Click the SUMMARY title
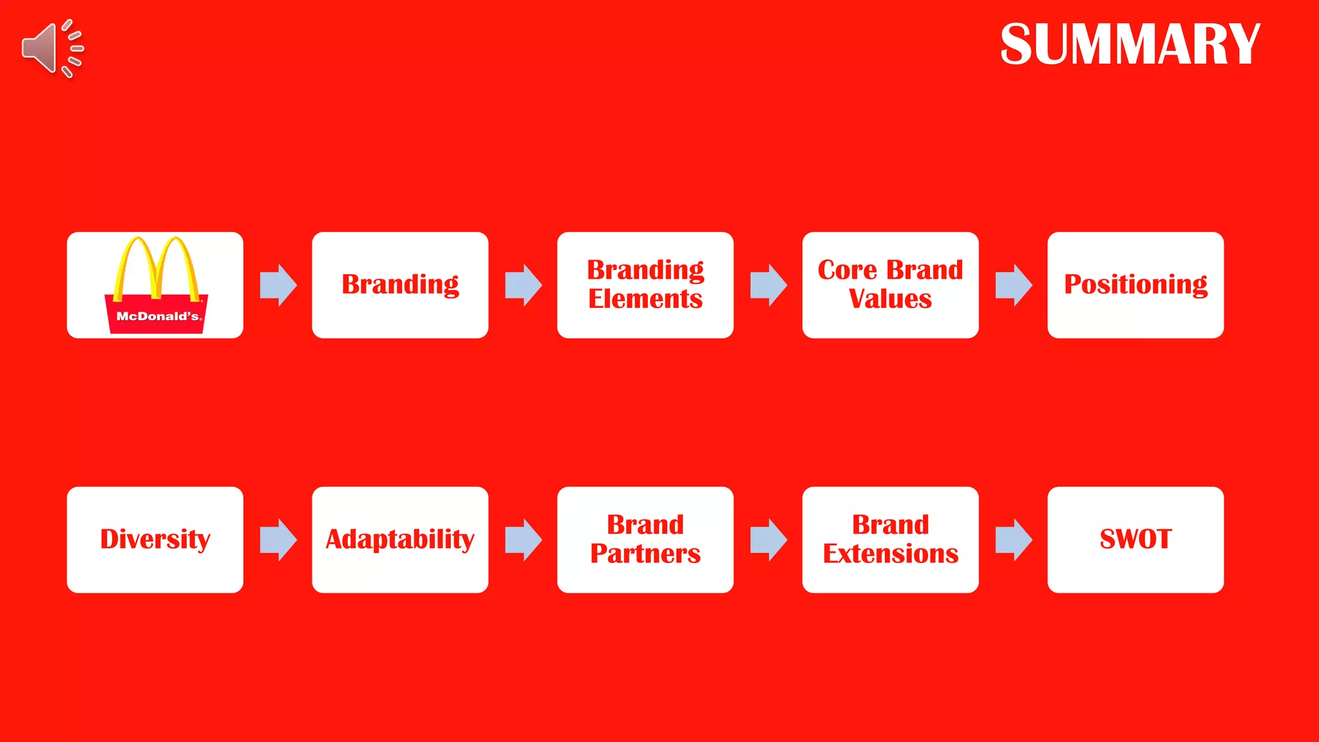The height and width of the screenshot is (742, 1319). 1130,44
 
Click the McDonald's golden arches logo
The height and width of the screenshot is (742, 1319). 156,271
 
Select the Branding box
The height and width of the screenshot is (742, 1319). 400,285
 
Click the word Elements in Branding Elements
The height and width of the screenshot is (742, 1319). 645,300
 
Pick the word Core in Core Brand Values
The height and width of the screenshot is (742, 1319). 847,270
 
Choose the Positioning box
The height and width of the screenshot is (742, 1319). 1135,285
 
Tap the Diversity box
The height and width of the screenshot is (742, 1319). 155,540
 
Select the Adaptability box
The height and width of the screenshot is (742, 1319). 400,540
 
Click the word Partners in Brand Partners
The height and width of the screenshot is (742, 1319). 645,554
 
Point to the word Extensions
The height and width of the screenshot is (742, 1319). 891,554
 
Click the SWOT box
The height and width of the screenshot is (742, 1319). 1135,540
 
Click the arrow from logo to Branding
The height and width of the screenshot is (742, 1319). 278,285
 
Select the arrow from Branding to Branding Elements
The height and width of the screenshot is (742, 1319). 523,285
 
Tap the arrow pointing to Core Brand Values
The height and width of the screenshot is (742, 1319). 768,285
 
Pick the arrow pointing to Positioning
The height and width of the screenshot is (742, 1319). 1013,285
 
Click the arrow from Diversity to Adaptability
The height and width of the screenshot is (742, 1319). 278,540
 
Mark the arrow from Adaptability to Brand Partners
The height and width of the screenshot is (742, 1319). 523,540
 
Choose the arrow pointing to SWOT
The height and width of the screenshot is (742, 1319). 1013,540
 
